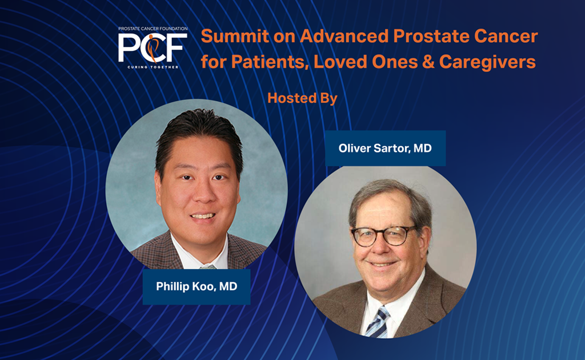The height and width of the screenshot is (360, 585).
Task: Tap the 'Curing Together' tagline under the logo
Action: (x=153, y=67)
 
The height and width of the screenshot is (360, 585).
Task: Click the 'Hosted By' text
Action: (x=302, y=98)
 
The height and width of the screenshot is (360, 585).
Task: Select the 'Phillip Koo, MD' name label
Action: (x=197, y=287)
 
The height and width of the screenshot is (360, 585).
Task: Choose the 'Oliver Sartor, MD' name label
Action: (x=385, y=149)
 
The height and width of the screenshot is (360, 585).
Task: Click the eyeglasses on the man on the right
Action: (x=384, y=235)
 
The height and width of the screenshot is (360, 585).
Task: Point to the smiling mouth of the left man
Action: (x=202, y=216)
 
